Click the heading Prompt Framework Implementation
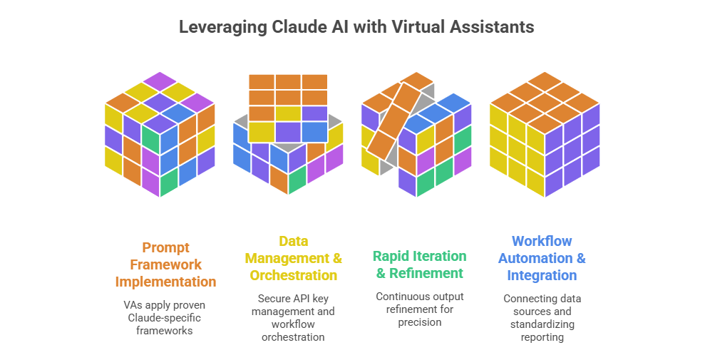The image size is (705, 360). point(165,264)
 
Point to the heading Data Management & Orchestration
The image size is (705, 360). point(293,258)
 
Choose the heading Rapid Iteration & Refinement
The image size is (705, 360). point(420,264)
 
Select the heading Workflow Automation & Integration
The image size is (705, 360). point(542,258)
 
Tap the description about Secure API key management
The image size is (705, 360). point(293,317)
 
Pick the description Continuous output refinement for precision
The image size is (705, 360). point(420,309)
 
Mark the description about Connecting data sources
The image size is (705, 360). point(542,317)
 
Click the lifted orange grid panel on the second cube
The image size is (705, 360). point(288,107)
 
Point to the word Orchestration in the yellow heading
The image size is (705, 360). point(293,275)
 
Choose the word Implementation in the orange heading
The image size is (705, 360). point(165,282)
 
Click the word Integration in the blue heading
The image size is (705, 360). point(542,275)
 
